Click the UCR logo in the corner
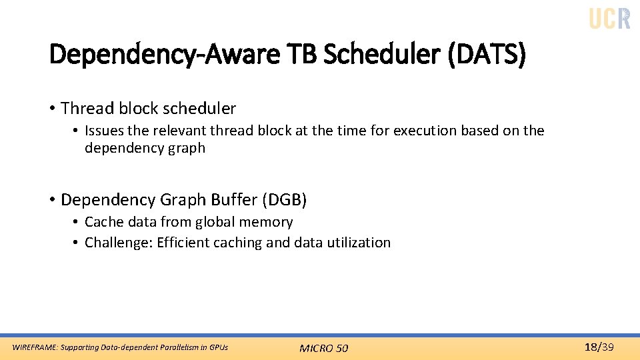[609, 18]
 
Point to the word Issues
[104, 131]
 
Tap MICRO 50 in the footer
[323, 348]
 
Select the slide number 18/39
[599, 347]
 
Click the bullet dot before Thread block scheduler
[51, 108]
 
